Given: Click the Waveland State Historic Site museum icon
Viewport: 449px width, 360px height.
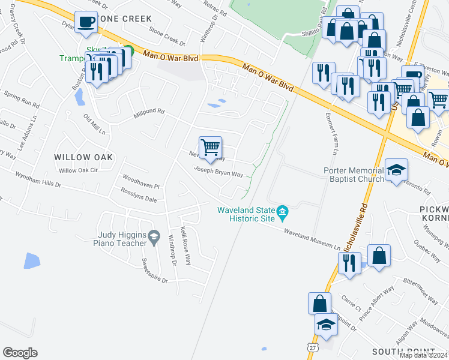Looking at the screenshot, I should tap(283, 212).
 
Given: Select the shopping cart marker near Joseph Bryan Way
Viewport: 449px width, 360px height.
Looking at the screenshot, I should tap(210, 148).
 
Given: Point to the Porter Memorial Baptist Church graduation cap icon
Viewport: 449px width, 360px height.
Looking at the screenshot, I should tap(396, 170).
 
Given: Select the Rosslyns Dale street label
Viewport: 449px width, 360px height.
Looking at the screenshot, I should tap(139, 199).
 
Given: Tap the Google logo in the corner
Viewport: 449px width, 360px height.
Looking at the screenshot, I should tap(20, 352).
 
